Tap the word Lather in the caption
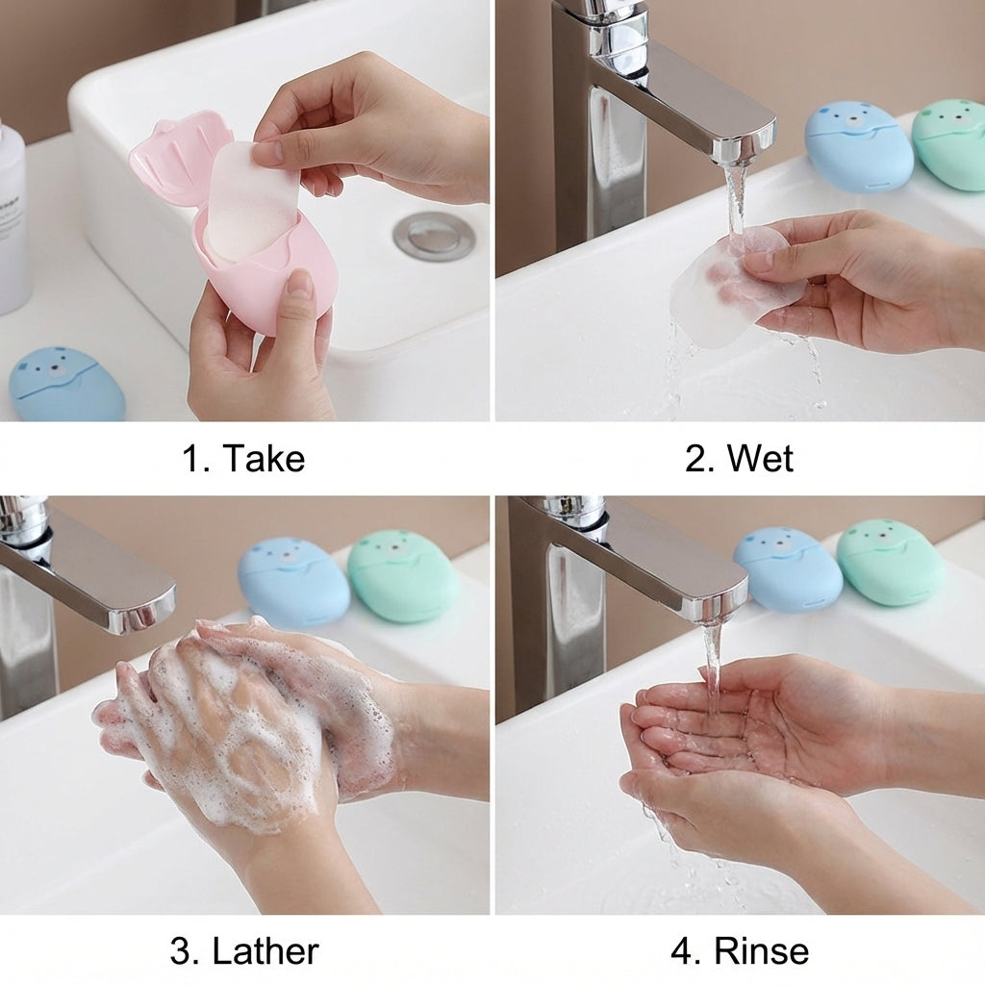click(x=265, y=951)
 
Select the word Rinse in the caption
click(x=761, y=951)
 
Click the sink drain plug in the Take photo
click(x=433, y=235)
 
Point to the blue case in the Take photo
click(x=67, y=385)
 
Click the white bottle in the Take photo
click(x=12, y=221)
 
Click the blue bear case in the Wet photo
click(x=858, y=146)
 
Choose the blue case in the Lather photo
click(x=293, y=583)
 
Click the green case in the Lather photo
click(x=402, y=575)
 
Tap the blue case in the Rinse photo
click(x=788, y=569)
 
